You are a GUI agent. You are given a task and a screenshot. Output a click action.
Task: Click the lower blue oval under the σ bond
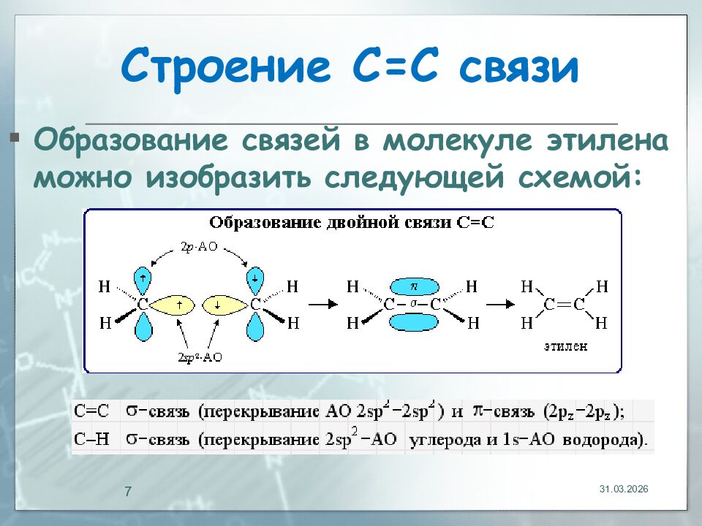pos(414,321)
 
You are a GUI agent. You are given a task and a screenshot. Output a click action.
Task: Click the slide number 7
pos(128,491)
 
